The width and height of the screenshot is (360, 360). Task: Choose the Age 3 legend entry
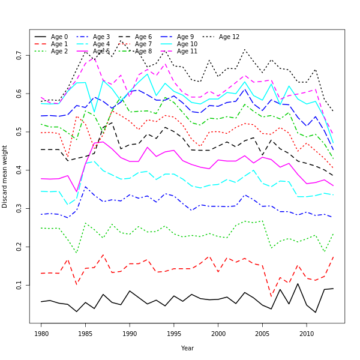click(x=101, y=37)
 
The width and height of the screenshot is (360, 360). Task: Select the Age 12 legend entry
click(x=229, y=37)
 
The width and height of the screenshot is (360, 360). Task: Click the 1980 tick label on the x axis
click(x=41, y=334)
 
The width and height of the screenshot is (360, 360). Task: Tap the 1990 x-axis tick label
click(x=130, y=334)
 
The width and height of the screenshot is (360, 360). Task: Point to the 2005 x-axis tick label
click(x=262, y=334)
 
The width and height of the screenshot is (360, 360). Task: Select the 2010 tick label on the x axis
click(x=307, y=334)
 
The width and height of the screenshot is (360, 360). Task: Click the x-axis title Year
click(x=187, y=348)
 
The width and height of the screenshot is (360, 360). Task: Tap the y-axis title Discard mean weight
click(x=5, y=176)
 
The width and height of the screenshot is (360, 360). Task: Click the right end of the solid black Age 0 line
click(x=333, y=289)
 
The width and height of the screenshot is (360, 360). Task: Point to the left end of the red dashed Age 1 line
click(x=41, y=274)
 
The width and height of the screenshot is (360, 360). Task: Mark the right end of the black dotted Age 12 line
click(x=333, y=111)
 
